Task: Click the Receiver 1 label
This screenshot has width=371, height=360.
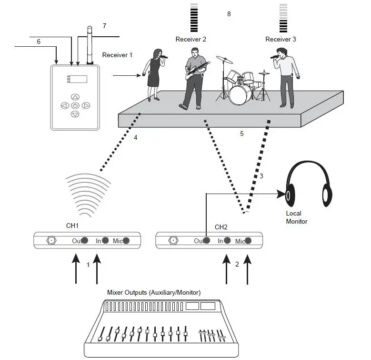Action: tap(118, 55)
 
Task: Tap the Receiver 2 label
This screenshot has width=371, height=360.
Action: tap(191, 39)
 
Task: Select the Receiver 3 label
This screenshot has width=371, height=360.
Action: tap(281, 39)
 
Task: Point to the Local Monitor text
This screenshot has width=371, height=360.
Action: tap(296, 217)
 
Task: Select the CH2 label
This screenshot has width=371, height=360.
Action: tap(221, 227)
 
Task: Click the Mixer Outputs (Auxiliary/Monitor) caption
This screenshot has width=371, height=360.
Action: tap(154, 292)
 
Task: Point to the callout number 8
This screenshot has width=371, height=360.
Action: tap(229, 14)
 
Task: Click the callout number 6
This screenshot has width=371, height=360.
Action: tap(39, 42)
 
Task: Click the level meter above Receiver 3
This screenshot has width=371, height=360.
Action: tap(283, 18)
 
